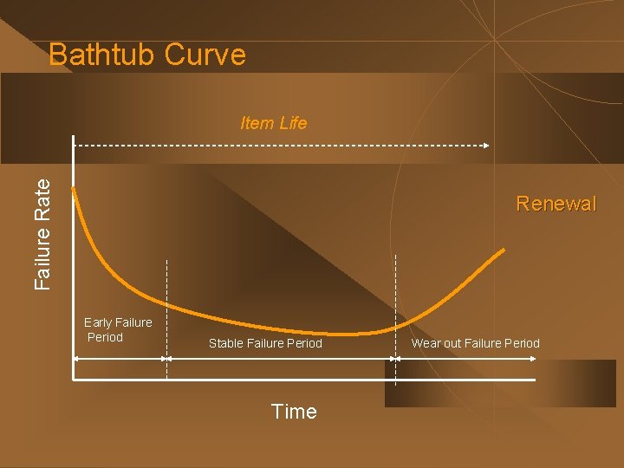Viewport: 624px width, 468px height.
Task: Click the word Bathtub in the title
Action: [x=102, y=55]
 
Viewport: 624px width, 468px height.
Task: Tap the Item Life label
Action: [x=273, y=123]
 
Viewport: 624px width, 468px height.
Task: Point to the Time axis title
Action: [x=294, y=412]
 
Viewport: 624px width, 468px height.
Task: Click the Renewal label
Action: [x=556, y=204]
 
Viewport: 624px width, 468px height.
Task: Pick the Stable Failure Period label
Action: [x=265, y=343]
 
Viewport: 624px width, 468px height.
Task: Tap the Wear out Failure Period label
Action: [x=475, y=343]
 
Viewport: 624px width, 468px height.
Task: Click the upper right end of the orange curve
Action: [x=504, y=250]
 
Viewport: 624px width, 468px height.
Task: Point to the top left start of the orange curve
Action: [x=73, y=187]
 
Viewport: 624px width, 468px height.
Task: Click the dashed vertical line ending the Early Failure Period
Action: [x=166, y=312]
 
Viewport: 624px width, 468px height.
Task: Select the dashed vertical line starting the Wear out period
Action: [x=396, y=312]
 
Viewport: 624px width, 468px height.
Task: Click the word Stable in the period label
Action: [x=225, y=343]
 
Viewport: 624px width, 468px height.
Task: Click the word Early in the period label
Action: [x=98, y=322]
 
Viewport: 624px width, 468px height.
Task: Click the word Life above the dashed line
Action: [x=293, y=123]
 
